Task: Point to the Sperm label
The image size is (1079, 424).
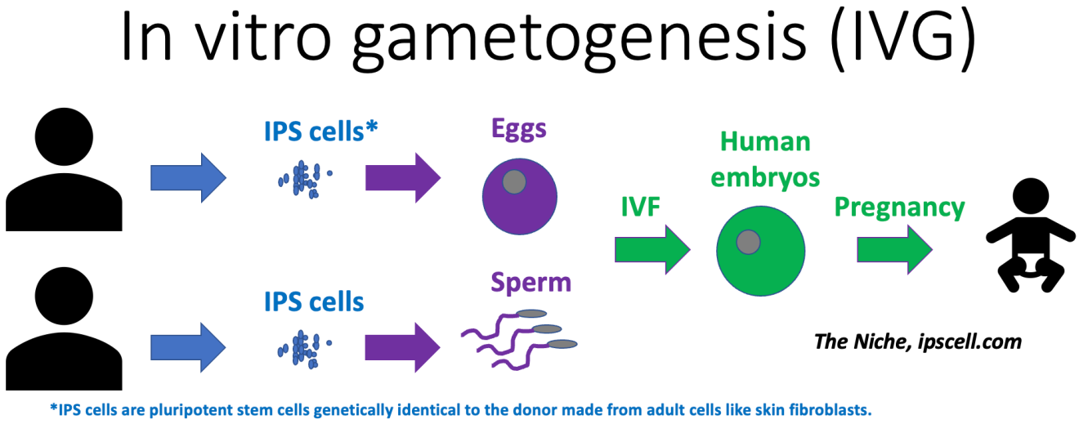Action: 531,283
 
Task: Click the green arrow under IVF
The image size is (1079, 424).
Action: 652,248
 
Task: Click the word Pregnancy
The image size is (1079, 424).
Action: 899,208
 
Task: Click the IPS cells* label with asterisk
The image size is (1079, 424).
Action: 320,131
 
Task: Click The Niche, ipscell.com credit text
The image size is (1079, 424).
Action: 918,341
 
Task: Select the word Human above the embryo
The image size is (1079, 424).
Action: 766,142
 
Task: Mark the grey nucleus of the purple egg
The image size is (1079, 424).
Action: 513,182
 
